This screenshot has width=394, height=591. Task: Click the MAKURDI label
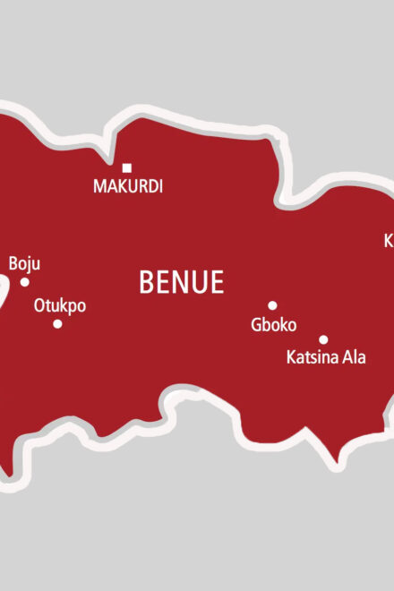[x=128, y=187]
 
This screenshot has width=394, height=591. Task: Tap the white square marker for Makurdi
[x=127, y=167]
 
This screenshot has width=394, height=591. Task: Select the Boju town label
[x=24, y=264]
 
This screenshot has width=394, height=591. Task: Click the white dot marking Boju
[x=25, y=282]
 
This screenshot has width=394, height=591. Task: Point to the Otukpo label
[x=60, y=305]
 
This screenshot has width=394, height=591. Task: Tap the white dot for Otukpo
[x=57, y=323]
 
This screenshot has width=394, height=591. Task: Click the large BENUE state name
[x=181, y=283]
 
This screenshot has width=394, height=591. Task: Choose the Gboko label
[x=273, y=325]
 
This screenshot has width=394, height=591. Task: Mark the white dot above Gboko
[x=272, y=305]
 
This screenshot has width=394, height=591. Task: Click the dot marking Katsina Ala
[x=323, y=339]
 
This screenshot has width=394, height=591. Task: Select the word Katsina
[x=313, y=357]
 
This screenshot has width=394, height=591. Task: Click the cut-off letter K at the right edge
[x=390, y=240]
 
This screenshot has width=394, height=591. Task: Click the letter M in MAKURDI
[x=99, y=187]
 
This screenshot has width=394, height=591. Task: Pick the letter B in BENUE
[x=146, y=283]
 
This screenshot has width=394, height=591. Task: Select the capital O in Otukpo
[x=39, y=305]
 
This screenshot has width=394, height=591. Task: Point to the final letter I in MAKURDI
[x=160, y=187]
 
